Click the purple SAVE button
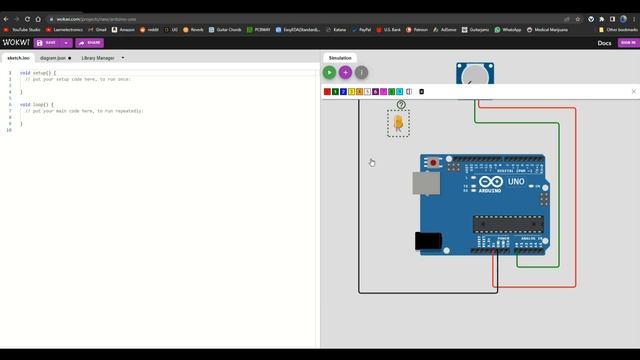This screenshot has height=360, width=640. coord(47,43)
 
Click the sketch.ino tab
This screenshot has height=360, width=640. coord(19,58)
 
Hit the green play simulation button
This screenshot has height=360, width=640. coord(329,72)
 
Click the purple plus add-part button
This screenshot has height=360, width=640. coord(345,72)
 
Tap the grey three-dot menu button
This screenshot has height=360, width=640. coord(361,72)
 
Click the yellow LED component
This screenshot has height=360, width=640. coord(398,123)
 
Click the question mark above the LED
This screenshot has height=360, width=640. coord(401,104)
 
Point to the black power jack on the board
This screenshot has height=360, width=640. coord(428,240)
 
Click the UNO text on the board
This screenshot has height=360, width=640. coord(516,182)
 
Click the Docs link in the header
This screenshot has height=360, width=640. coord(604,43)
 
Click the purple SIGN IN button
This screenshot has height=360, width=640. coord(627,43)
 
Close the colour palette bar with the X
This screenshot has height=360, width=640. coord(633,91)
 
